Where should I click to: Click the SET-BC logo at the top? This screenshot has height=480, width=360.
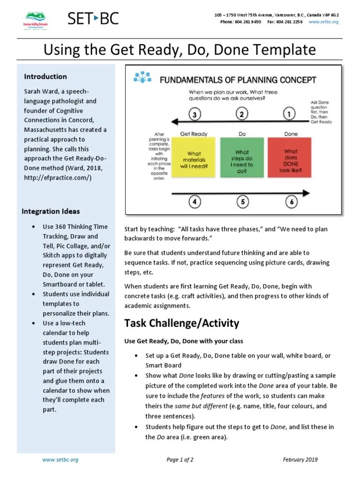click(x=93, y=19)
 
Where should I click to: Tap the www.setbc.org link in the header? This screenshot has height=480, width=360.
click(x=324, y=22)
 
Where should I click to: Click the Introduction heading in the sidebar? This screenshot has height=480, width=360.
click(x=45, y=76)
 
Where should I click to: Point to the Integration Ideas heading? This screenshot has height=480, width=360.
click(x=51, y=211)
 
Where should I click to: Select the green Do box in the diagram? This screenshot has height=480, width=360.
click(x=242, y=158)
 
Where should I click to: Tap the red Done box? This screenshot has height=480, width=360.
click(x=291, y=158)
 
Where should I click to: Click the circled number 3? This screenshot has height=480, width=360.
click(x=195, y=114)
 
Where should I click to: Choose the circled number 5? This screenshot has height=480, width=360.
click(x=242, y=202)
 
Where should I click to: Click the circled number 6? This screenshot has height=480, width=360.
click(x=291, y=202)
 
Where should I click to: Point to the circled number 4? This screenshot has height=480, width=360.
click(x=195, y=202)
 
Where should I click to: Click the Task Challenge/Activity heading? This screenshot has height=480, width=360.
click(x=181, y=323)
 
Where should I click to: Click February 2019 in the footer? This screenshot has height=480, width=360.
click(x=300, y=460)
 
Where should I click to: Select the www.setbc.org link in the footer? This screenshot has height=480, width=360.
click(x=60, y=460)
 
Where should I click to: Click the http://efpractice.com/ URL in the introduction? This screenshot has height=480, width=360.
click(x=60, y=178)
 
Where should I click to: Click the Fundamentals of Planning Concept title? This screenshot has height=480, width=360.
click(x=238, y=80)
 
